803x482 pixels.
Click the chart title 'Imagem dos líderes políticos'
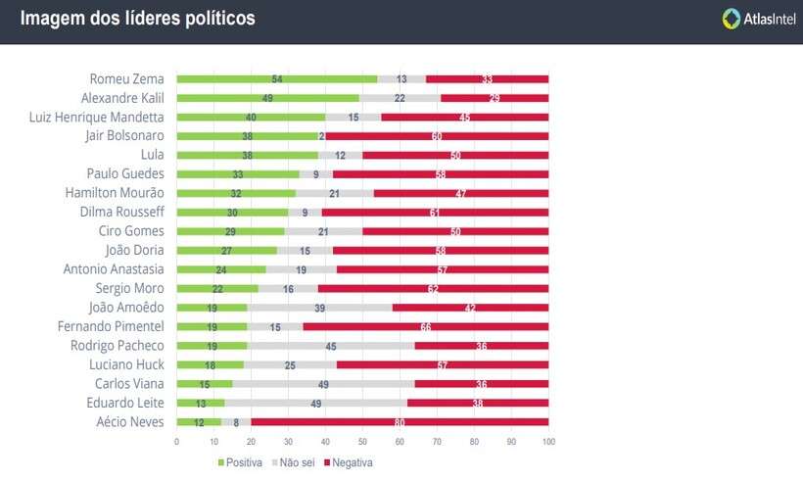click(137, 19)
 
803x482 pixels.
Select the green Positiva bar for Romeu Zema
click(276, 78)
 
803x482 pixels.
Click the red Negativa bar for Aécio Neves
click(400, 422)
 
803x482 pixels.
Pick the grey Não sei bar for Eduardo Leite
click(316, 403)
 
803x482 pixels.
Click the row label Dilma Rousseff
click(121, 212)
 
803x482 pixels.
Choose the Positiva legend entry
click(240, 462)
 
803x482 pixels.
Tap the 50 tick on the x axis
click(362, 442)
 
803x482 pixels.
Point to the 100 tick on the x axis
click(548, 442)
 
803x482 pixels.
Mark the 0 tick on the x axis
click(176, 442)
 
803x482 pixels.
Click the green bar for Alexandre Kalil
click(267, 98)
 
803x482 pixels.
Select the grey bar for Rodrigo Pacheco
click(331, 346)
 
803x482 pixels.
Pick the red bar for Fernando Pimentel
click(426, 326)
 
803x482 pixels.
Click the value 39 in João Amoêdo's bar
click(319, 308)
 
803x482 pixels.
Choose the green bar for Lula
click(247, 155)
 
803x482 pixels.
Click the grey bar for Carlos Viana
click(323, 384)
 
